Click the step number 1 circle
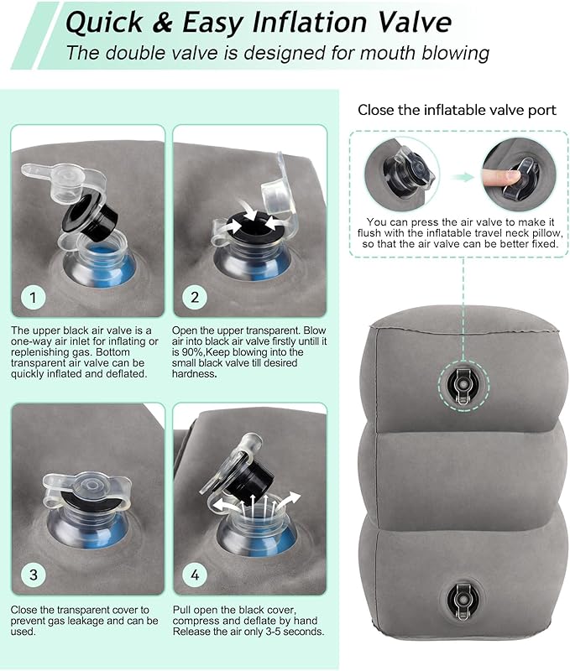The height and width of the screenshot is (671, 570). (33, 298)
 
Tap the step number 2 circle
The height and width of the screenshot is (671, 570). (194, 298)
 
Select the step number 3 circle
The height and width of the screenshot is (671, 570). (33, 575)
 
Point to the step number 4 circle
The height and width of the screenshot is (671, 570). (194, 575)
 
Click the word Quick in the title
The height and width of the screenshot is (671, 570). (103, 23)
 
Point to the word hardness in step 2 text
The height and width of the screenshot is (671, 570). (194, 374)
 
